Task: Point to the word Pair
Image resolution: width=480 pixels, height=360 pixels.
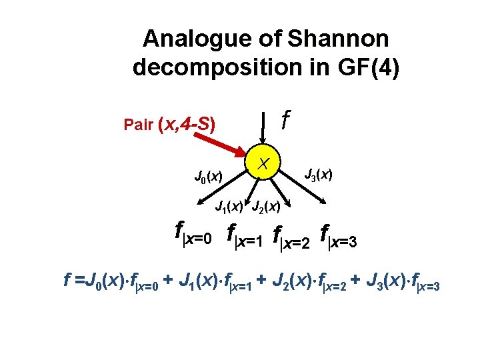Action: click(139, 125)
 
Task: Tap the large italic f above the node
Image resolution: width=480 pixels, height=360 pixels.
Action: click(285, 121)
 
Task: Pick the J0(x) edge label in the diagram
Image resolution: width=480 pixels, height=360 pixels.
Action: click(208, 177)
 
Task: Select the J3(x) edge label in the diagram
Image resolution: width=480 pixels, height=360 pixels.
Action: click(319, 175)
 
